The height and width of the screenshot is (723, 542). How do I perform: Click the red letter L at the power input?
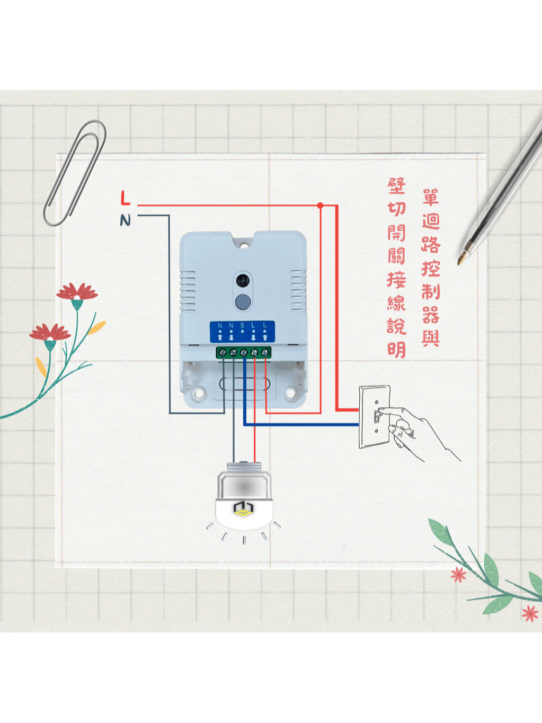[125, 198]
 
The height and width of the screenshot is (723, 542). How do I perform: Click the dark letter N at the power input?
[125, 220]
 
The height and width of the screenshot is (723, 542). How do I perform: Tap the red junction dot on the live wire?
[320, 206]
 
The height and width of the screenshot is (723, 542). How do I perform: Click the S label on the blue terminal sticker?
[242, 325]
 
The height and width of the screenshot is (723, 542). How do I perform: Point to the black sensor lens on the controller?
[243, 279]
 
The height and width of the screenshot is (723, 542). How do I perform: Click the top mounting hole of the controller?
[244, 245]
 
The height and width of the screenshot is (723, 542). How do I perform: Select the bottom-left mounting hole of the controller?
[199, 393]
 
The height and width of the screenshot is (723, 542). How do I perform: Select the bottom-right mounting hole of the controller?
[289, 393]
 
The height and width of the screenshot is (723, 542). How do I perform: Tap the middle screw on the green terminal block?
[244, 352]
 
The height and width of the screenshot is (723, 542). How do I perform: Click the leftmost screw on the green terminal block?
[223, 352]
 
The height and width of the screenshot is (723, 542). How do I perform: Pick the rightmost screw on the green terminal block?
[265, 352]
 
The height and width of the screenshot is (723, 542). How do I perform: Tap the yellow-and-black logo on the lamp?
[243, 508]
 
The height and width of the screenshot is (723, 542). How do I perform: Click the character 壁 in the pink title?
[396, 186]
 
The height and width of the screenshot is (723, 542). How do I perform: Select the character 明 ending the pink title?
[396, 350]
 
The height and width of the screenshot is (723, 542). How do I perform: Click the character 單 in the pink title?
[431, 198]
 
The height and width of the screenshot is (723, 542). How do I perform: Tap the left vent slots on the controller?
[188, 291]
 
